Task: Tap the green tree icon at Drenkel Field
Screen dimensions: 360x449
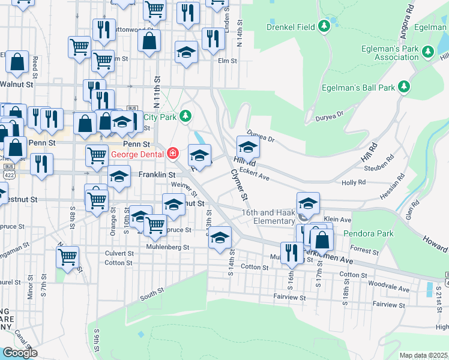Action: pos(324,26)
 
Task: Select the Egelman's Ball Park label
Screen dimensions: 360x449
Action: pos(362,88)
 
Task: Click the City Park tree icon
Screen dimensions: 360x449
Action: pos(186,115)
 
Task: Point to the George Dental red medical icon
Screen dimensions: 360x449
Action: pos(173,154)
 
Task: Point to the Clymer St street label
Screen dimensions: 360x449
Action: pos(239,184)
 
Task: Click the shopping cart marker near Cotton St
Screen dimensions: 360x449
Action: pos(68,257)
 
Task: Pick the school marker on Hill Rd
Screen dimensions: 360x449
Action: pos(247,146)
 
